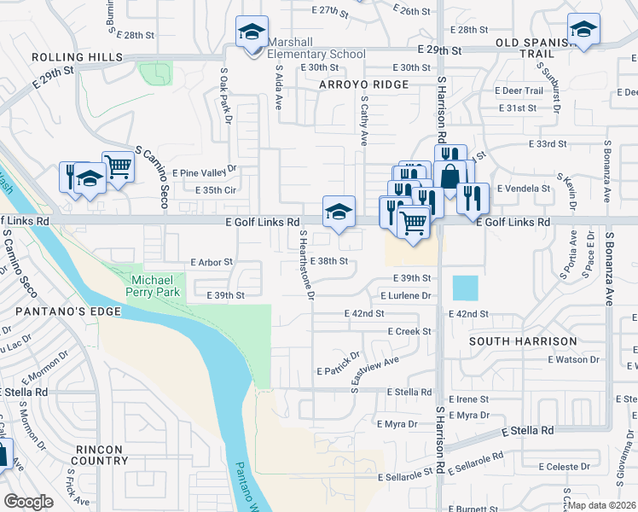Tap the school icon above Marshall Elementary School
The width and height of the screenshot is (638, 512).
coord(252,32)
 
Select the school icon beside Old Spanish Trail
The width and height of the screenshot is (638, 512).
coord(583,29)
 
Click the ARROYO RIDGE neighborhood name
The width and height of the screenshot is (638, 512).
coord(364,84)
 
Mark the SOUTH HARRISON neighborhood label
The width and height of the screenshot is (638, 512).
coord(524,341)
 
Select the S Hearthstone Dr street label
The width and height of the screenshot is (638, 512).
coord(307,265)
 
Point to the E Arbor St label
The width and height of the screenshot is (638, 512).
coord(212,262)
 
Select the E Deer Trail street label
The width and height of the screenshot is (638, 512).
coord(522,90)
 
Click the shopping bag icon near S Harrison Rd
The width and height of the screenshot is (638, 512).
coord(449,176)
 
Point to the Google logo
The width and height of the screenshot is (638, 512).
coord(28,501)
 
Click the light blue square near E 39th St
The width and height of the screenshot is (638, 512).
coord(466,288)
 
